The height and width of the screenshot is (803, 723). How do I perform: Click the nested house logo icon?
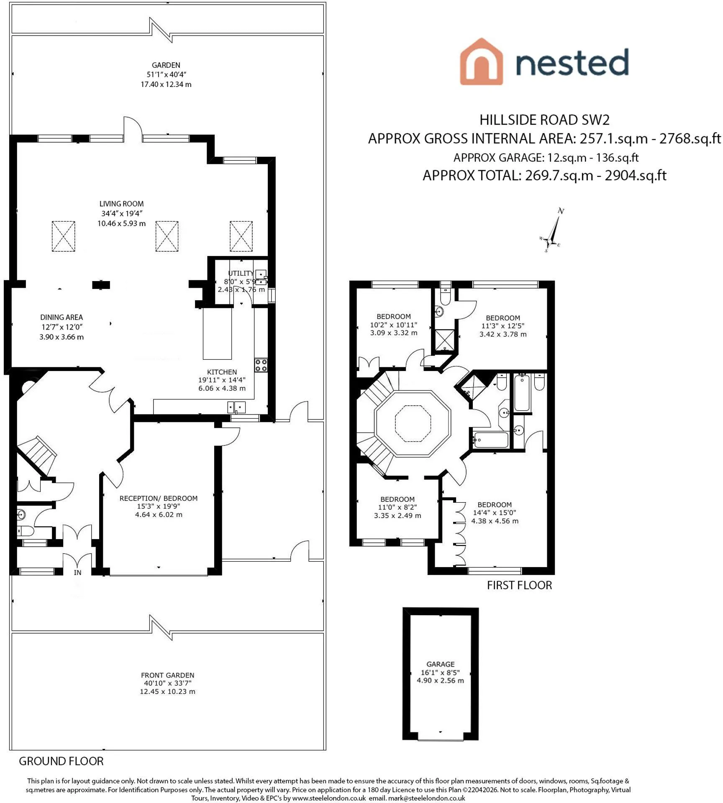pos(481,61)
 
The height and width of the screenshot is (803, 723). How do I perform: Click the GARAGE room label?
pos(440,664)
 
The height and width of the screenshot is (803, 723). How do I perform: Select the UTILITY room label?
pos(241,273)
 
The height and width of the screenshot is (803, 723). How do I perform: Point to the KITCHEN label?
pos(222,372)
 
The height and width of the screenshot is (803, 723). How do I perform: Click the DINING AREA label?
pos(62,317)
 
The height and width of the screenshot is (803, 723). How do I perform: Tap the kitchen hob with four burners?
pos(261,365)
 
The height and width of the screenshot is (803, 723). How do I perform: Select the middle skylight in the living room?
pos(167,236)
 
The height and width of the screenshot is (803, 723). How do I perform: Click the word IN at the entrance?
pos(77,573)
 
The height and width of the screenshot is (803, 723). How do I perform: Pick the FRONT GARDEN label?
pos(167,675)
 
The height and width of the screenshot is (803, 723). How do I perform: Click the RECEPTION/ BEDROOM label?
pos(159,498)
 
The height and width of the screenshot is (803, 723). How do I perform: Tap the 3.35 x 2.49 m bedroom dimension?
pos(397,516)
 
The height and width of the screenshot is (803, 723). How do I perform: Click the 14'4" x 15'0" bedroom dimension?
pos(495,513)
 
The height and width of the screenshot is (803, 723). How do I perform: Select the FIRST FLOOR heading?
pos(519,585)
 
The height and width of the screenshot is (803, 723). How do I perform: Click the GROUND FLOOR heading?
pos(61,761)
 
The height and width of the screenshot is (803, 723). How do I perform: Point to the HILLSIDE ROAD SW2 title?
pos(544,120)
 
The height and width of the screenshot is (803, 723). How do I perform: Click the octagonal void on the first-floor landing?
pos(413,423)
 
